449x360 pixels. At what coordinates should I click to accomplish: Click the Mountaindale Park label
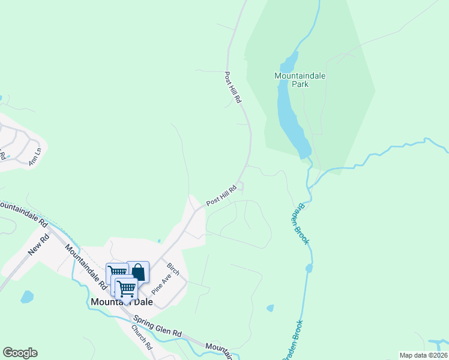tap(292, 80)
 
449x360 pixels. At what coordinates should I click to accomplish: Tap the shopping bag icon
tap(138, 272)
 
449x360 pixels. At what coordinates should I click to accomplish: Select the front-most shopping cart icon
tap(126, 289)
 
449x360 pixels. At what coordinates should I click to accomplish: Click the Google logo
tap(20, 353)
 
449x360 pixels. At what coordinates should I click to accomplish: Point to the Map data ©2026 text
tap(423, 355)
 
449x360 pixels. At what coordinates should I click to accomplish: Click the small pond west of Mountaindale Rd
tap(26, 296)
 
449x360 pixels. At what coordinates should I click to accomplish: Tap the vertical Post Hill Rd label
tap(232, 88)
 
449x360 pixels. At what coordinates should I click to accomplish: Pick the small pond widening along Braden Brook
tap(309, 268)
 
